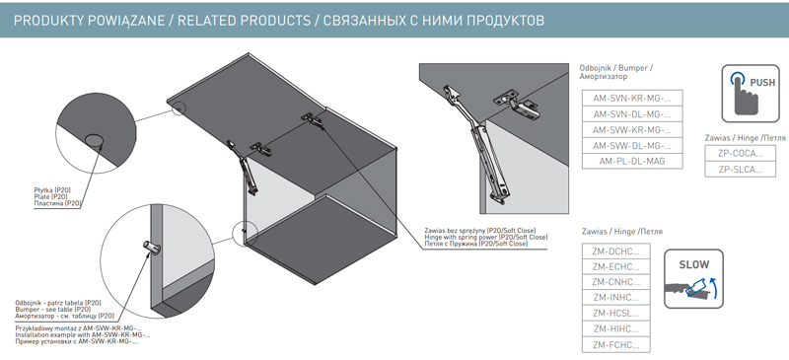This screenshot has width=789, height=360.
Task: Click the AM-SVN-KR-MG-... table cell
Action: (x=632, y=98)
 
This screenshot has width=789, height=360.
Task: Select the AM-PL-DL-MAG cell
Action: (x=632, y=161)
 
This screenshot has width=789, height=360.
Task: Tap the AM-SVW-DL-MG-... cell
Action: (x=632, y=146)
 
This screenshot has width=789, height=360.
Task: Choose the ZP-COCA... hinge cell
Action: (x=741, y=153)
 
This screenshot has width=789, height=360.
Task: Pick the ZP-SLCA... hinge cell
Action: (x=741, y=170)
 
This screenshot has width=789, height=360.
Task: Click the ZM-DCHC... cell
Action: (x=615, y=251)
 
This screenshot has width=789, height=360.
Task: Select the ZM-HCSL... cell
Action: (x=615, y=314)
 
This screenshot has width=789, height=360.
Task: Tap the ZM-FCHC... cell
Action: (x=615, y=345)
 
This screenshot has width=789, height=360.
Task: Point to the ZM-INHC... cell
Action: (x=615, y=298)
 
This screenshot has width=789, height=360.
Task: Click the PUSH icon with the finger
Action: (x=751, y=94)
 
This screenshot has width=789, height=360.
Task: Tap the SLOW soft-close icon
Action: (x=693, y=278)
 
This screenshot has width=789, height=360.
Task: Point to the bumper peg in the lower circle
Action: (x=150, y=248)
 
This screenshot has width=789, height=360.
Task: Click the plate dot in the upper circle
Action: (x=94, y=140)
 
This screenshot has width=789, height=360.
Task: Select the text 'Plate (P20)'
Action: (x=48, y=196)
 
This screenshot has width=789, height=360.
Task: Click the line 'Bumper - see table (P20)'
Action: (x=53, y=309)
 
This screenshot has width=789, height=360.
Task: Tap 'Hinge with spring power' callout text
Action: (x=486, y=237)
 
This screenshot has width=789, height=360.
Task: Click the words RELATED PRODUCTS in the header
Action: (x=244, y=21)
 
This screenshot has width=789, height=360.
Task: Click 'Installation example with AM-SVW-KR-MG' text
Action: (x=83, y=334)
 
